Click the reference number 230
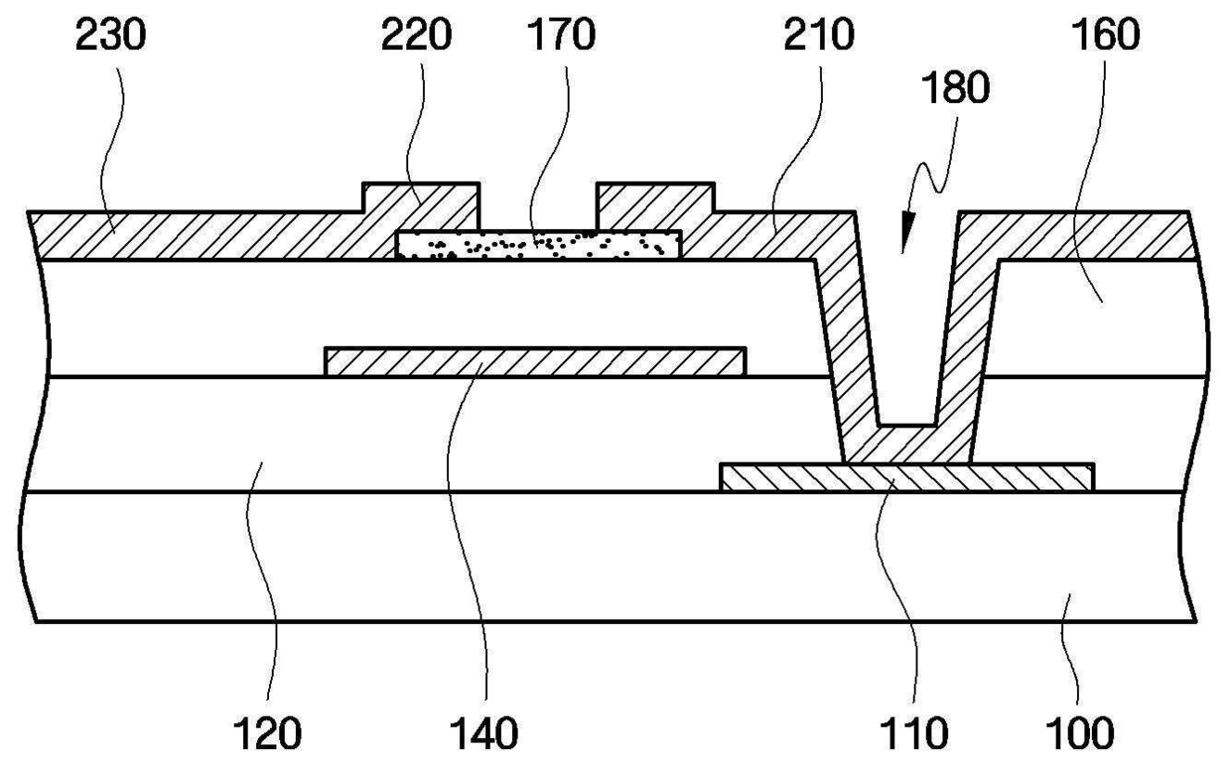pos(110,35)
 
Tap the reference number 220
pos(416,35)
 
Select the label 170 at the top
pos(561,35)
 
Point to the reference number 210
pos(819,35)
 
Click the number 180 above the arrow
pos(955,88)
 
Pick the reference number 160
pos(1106,35)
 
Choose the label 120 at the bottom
pos(268,733)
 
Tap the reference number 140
pos(484,733)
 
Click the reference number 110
pos(914,733)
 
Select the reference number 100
pos(1079,733)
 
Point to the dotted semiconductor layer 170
pos(538,244)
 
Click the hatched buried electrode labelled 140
pos(535,362)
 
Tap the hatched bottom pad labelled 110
pos(906,477)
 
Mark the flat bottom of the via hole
pos(907,426)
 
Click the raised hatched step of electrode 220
pos(420,197)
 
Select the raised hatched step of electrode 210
pos(655,197)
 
